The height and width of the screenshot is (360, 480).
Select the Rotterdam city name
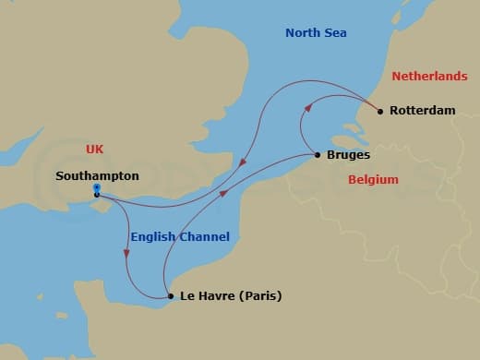click(x=423, y=111)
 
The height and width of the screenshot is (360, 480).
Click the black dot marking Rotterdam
click(x=380, y=111)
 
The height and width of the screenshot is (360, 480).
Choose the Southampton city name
click(x=97, y=174)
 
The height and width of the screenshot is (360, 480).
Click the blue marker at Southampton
click(x=97, y=188)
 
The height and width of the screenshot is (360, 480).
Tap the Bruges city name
click(x=348, y=155)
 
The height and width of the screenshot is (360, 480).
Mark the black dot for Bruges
click(x=318, y=155)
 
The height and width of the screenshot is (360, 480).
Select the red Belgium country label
click(x=373, y=180)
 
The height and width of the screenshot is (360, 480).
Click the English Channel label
click(x=180, y=237)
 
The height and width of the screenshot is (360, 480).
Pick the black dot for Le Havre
click(x=170, y=296)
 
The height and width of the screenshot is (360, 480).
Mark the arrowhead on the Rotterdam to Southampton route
click(x=243, y=166)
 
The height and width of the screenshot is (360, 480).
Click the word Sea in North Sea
click(x=339, y=33)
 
